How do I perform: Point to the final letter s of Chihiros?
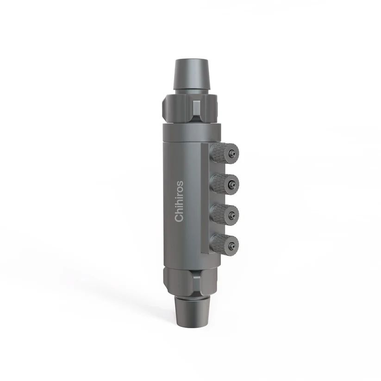tap(180, 183)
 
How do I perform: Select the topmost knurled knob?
tap(224, 152)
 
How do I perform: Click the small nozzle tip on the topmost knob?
tap(236, 152)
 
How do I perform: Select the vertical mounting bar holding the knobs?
tap(206, 199)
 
